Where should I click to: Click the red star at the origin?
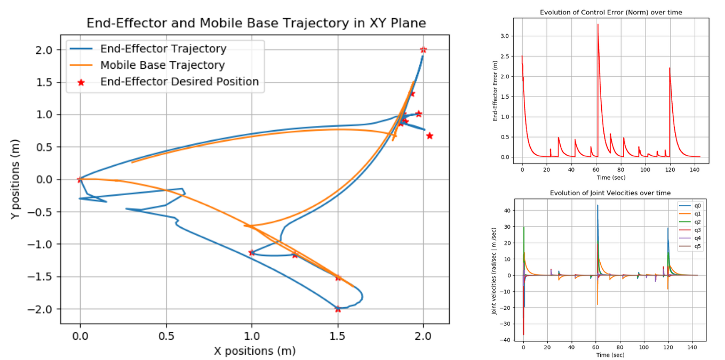coord(80,179)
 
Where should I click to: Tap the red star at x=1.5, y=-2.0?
coord(338,309)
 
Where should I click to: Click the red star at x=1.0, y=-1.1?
coord(252,252)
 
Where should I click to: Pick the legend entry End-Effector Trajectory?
coord(163,49)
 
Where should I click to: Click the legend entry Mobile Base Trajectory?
coord(162,66)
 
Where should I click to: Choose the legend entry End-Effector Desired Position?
coord(179,82)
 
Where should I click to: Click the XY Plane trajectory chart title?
coord(256,23)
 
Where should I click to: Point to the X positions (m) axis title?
coord(254,351)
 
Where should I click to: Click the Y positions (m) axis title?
coord(17,179)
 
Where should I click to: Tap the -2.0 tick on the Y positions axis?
coord(47,309)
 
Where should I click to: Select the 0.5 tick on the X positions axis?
coord(166,337)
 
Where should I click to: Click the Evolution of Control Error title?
coord(610,12)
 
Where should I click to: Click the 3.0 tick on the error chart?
coord(504,36)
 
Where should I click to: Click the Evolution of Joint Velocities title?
coord(610,193)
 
